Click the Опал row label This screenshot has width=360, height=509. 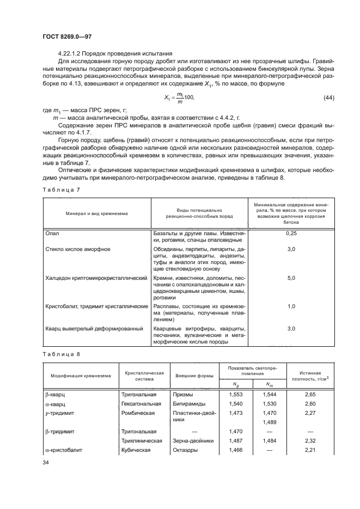pyautogui.click(x=52, y=233)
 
